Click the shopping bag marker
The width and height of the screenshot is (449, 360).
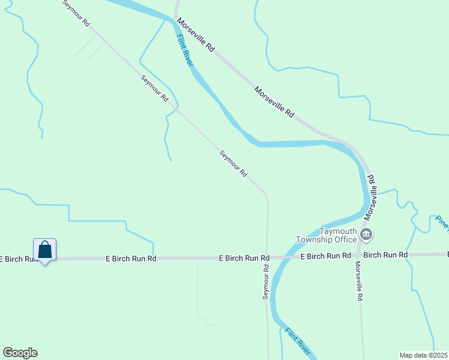click(x=44, y=249)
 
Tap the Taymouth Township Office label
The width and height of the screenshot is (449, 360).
click(x=328, y=235)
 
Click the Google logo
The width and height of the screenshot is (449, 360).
click(x=20, y=353)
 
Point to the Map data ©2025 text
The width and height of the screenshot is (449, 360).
click(x=424, y=355)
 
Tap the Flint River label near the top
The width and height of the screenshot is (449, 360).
click(x=185, y=52)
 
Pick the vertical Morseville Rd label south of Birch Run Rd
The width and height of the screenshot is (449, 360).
click(x=358, y=280)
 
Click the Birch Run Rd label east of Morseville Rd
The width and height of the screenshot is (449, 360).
click(x=386, y=256)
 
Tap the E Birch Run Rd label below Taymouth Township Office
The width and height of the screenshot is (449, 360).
click(x=325, y=256)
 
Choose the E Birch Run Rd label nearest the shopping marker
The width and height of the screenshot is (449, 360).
click(x=131, y=259)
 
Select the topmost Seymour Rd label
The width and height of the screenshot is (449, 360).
click(x=77, y=13)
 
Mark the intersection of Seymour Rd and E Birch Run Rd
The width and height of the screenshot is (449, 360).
click(x=268, y=258)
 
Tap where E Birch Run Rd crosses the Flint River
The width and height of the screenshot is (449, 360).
click(x=280, y=258)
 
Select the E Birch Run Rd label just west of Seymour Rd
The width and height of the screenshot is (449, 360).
click(x=243, y=258)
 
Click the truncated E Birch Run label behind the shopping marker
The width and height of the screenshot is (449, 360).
click(x=15, y=259)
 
